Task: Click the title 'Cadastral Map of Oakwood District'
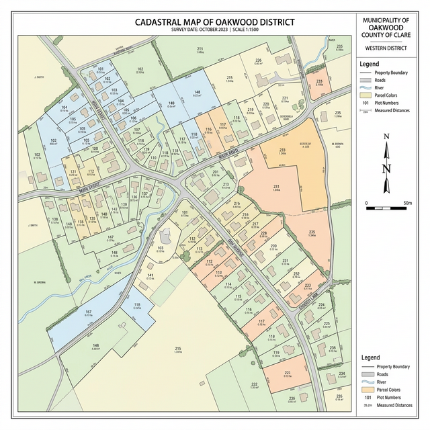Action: click(x=214, y=22)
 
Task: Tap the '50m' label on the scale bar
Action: click(x=407, y=202)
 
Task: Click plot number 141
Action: click(x=151, y=276)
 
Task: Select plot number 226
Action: click(x=258, y=60)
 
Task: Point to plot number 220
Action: click(x=266, y=104)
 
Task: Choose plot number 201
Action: click(x=216, y=173)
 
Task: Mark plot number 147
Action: click(x=111, y=237)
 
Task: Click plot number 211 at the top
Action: click(x=200, y=50)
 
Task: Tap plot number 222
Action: click(x=255, y=384)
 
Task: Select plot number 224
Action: click(x=321, y=305)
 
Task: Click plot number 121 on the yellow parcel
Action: click(x=74, y=172)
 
